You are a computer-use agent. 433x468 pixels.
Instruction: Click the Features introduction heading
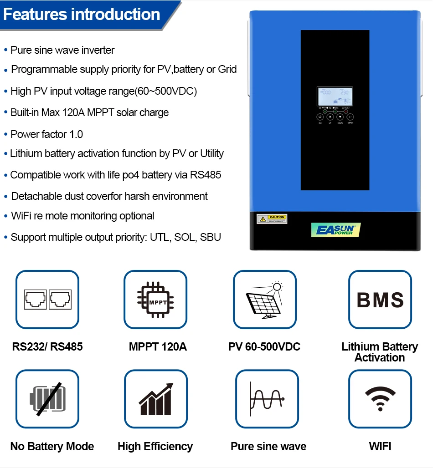click(82, 15)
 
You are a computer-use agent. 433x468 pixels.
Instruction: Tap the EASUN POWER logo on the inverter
click(335, 229)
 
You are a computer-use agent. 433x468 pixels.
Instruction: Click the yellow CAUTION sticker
click(272, 219)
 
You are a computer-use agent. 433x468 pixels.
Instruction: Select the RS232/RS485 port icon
click(47, 299)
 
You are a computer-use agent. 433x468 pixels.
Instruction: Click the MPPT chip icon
click(155, 299)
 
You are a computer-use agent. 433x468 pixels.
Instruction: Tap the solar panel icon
click(265, 299)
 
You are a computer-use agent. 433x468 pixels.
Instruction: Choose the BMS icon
click(380, 300)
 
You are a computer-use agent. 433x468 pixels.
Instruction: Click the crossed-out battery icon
click(47, 399)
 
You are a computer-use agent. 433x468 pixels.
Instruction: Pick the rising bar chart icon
click(155, 399)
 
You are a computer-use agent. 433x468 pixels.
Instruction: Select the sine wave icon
click(267, 399)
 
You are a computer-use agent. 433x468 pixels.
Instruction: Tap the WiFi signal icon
click(380, 399)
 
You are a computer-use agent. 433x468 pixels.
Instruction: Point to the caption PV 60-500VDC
click(264, 347)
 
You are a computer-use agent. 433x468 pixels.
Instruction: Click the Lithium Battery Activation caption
click(380, 352)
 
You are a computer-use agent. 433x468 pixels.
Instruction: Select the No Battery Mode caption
click(52, 447)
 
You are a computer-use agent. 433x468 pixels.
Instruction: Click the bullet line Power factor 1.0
click(46, 134)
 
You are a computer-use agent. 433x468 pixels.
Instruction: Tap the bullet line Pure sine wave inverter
click(62, 50)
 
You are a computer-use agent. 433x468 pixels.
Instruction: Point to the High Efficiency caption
click(155, 447)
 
